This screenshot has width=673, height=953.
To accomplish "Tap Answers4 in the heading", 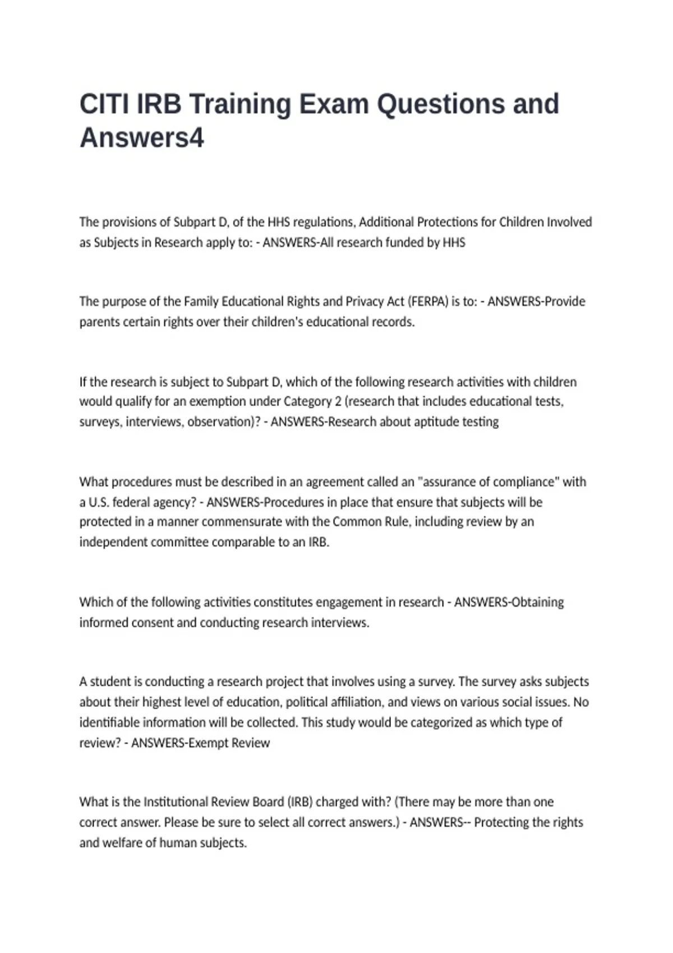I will coord(142,138).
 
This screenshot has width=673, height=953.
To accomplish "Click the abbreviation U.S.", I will coord(99,502).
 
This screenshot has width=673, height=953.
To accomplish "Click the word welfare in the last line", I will coord(123,843).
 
